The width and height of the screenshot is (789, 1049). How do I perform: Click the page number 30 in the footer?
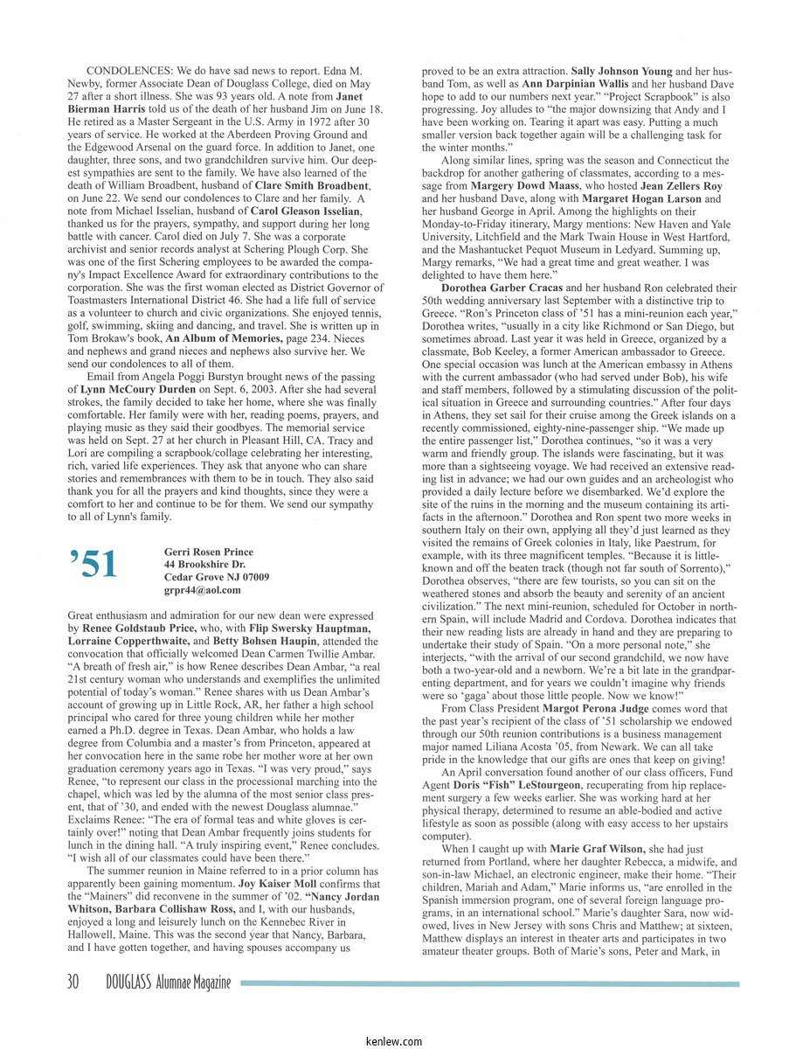coord(73,983)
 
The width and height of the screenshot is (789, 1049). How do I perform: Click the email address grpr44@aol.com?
coord(203,590)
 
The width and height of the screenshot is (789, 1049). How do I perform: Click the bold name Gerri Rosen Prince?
coord(208,552)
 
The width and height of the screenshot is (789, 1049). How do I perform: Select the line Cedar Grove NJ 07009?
coord(217,577)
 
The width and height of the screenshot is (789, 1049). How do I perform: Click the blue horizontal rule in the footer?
coord(489,983)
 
